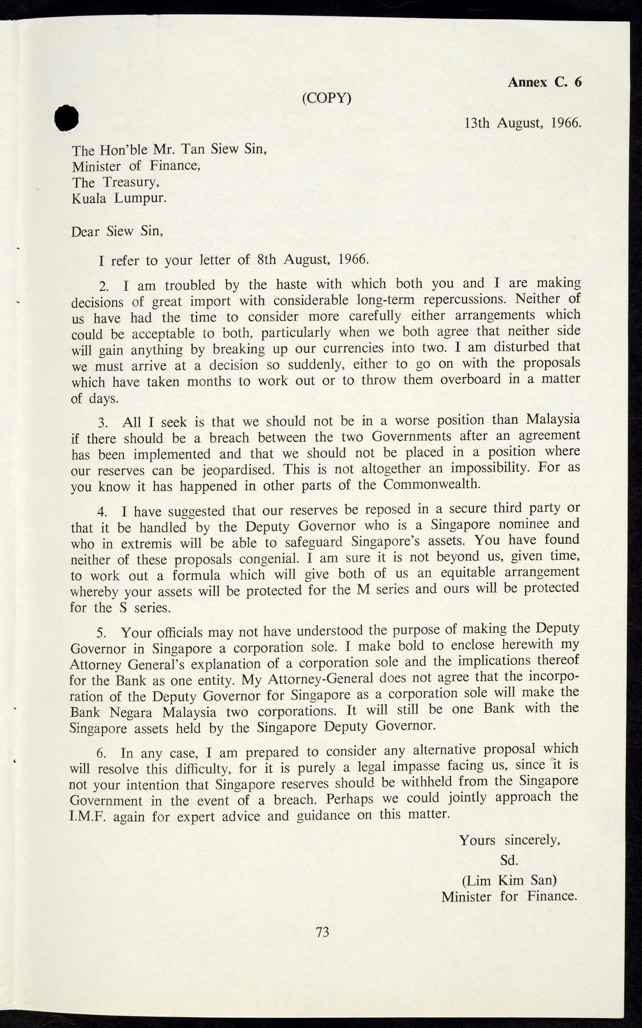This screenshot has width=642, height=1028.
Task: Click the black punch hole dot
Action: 66,118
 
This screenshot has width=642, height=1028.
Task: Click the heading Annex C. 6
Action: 544,82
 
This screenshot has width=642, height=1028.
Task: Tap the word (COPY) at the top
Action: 326,98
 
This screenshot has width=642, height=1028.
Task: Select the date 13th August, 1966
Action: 523,122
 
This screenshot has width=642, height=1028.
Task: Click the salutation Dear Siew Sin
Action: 117,232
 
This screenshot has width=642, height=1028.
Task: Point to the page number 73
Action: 322,932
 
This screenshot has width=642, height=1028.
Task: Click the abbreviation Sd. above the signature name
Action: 508,860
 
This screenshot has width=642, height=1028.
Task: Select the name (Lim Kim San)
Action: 509,880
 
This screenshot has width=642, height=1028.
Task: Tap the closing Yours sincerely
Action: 509,840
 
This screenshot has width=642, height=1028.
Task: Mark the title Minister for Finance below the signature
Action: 509,896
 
